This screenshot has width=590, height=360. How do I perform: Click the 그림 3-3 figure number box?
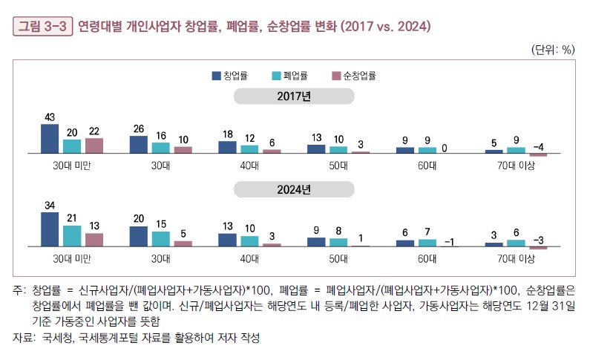[x=42, y=27]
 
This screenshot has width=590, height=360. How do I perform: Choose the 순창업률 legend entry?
[x=354, y=76]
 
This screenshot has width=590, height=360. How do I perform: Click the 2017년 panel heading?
[x=295, y=96]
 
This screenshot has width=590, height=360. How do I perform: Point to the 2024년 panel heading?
[x=295, y=189]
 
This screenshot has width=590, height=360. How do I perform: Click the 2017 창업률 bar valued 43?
[x=50, y=138]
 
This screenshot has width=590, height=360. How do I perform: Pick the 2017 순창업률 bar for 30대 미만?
[x=94, y=145]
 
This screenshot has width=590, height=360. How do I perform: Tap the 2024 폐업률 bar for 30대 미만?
[x=72, y=235]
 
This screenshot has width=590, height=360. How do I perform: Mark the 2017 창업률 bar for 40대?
[x=227, y=147]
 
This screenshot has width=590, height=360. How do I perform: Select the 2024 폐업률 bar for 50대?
[x=338, y=241]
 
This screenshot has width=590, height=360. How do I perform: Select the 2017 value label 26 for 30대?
[x=138, y=129]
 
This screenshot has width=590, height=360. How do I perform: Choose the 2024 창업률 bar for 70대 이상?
[x=494, y=243]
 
